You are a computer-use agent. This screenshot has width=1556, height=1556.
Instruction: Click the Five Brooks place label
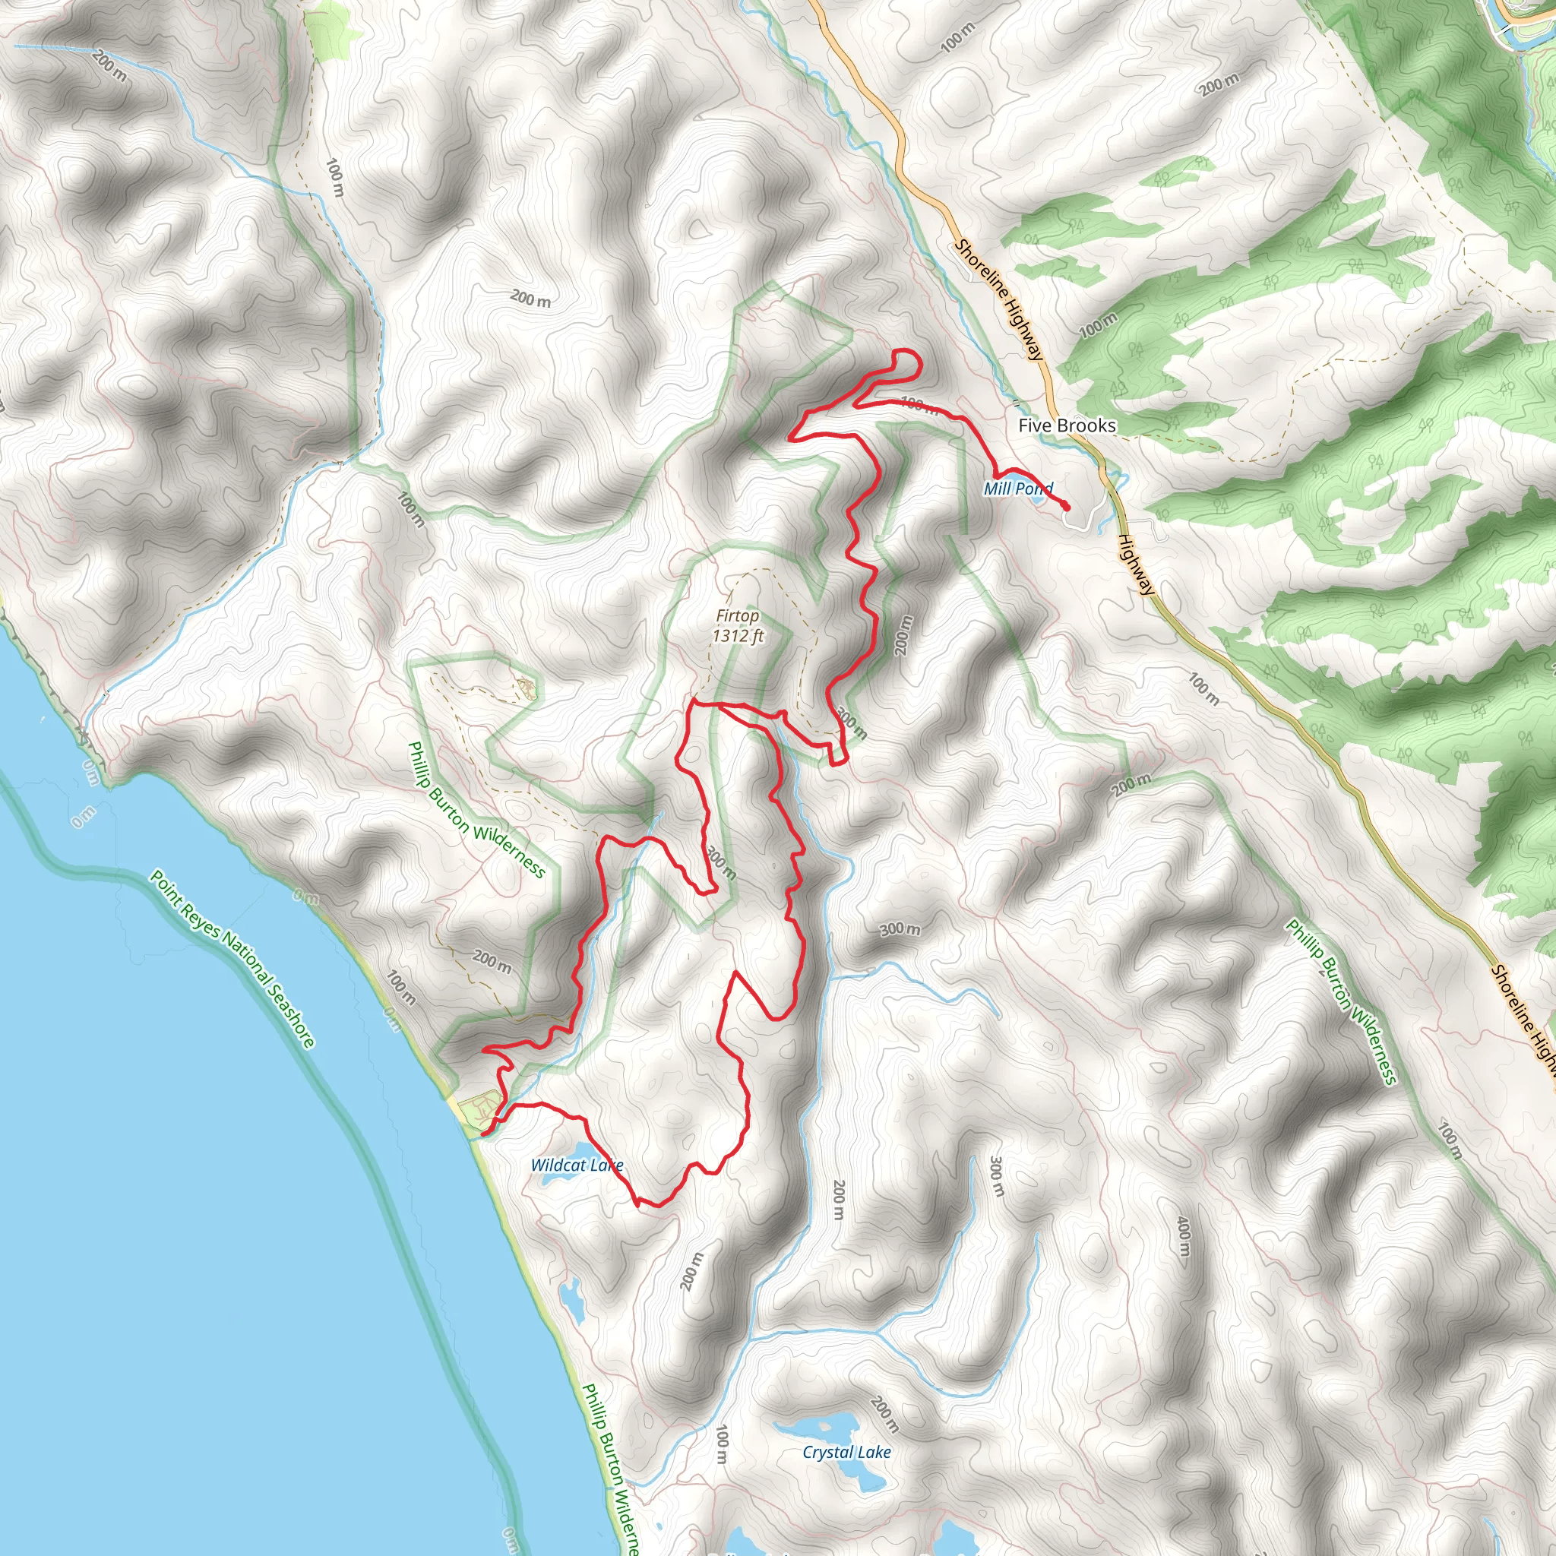(1067, 425)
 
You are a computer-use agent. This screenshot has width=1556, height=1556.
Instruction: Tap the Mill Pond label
(1018, 489)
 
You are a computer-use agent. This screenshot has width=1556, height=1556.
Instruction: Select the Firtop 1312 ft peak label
(738, 626)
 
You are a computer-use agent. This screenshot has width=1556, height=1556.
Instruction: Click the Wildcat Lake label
(577, 1165)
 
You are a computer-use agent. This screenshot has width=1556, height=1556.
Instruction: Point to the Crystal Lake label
(846, 1452)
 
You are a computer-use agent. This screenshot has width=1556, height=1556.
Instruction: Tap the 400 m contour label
(1182, 1236)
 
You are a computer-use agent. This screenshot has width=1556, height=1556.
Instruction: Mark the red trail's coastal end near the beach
(482, 1135)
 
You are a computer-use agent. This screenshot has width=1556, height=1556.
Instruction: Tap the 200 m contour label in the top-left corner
(109, 66)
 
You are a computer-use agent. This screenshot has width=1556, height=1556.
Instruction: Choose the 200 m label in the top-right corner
(1219, 84)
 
